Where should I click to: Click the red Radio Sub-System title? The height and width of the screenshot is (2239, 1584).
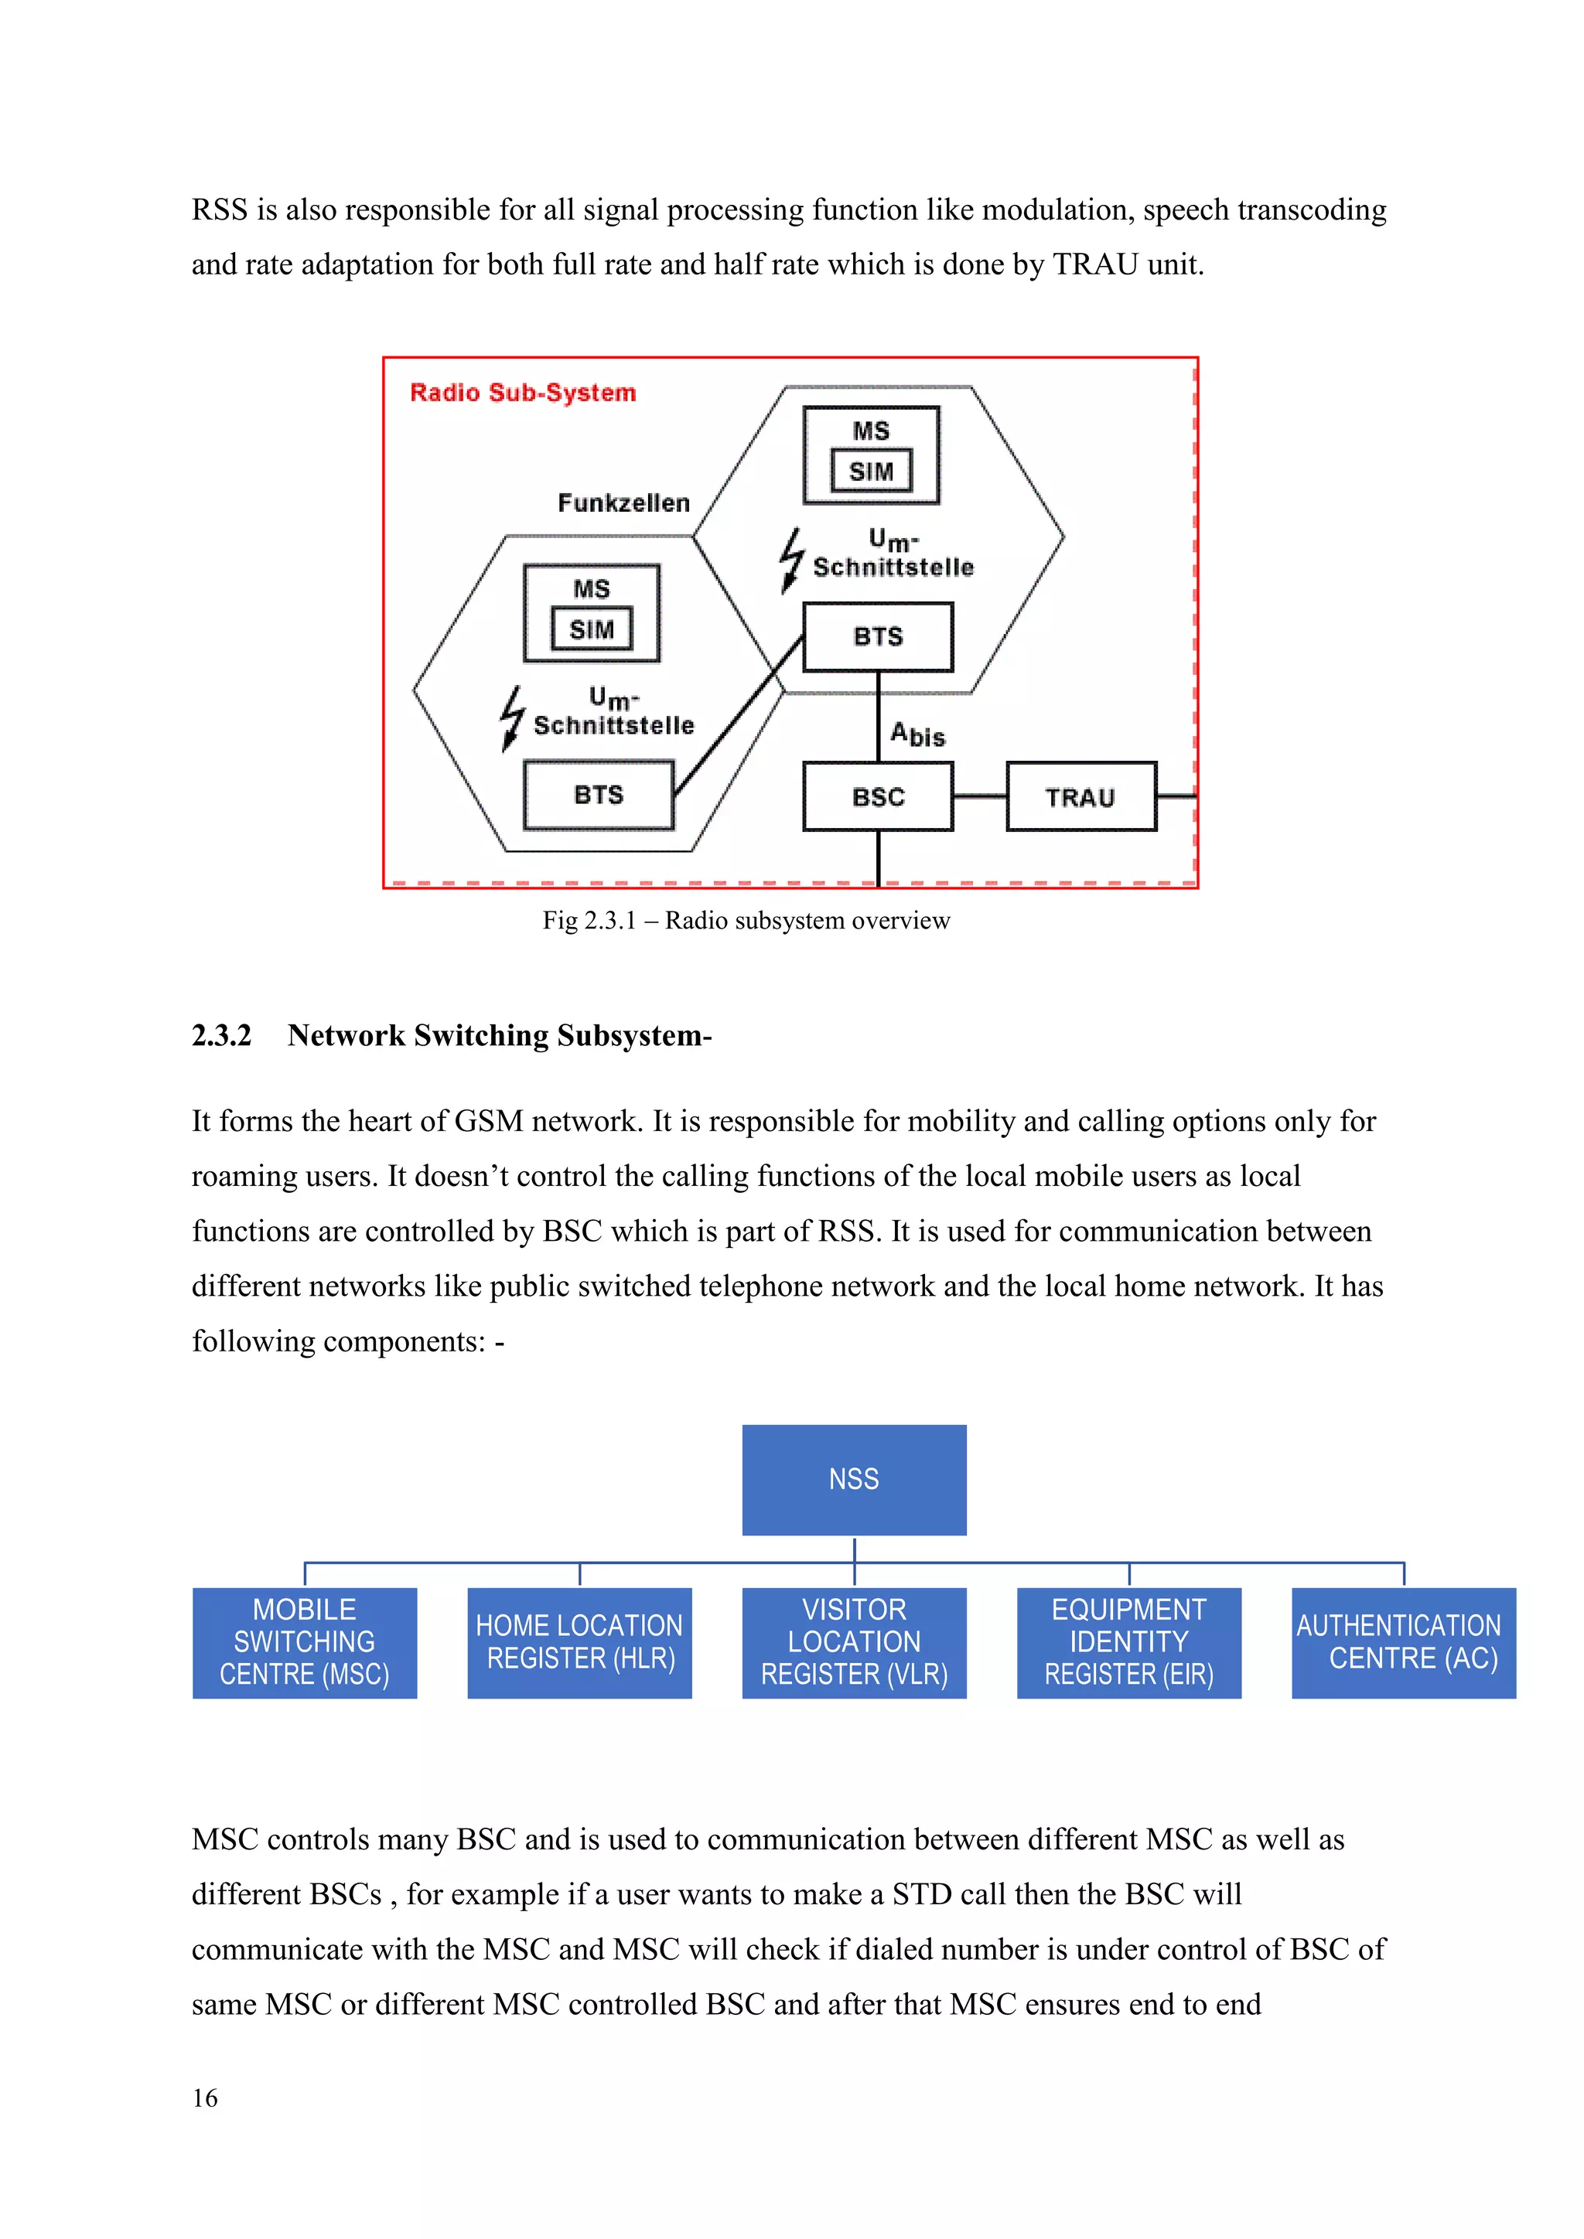click(x=523, y=393)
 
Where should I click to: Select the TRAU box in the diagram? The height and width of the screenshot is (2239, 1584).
click(x=1080, y=797)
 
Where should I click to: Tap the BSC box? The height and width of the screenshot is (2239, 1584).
click(x=878, y=797)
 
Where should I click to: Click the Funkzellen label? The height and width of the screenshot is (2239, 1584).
click(x=623, y=503)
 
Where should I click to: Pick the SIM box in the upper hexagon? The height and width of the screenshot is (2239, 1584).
click(x=871, y=471)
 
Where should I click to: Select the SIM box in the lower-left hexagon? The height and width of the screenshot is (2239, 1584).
click(x=591, y=629)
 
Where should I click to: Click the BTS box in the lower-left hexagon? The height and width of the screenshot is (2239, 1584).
click(x=598, y=795)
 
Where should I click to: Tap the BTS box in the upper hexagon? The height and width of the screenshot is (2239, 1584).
click(x=878, y=637)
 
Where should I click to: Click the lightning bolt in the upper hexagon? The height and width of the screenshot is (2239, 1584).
click(x=791, y=560)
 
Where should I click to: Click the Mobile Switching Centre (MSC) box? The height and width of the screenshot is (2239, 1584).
click(x=304, y=1642)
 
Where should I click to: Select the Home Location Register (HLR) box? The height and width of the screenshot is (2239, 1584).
click(x=579, y=1642)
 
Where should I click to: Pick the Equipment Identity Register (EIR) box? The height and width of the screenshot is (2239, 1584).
click(x=1128, y=1642)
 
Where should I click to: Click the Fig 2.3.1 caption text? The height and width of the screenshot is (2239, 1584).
click(x=746, y=921)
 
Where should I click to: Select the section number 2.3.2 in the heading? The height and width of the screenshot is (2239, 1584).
click(x=221, y=1034)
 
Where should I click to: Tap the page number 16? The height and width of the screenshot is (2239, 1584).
click(x=205, y=2098)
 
